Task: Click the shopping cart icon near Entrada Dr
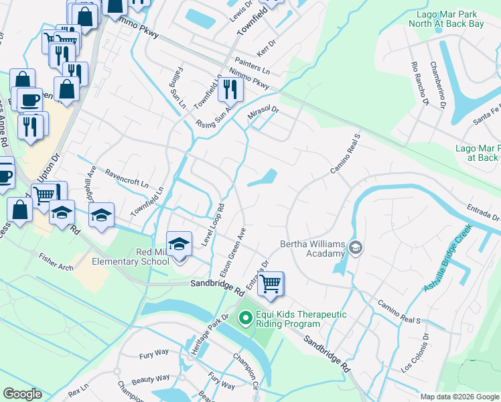(x=271, y=283)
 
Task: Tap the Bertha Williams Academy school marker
(x=356, y=249)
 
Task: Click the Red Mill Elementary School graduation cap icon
(x=179, y=245)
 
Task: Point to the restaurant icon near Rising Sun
(x=229, y=88)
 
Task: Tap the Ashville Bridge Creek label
(x=448, y=258)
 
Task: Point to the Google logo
(x=22, y=394)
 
